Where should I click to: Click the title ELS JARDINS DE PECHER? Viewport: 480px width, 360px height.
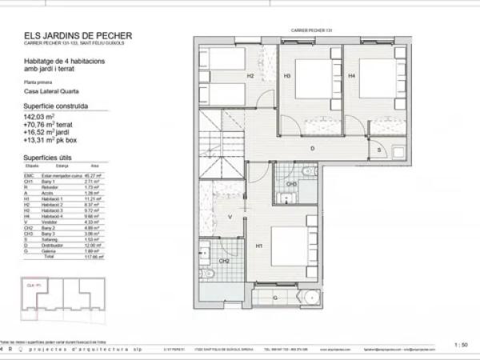[x=78, y=36]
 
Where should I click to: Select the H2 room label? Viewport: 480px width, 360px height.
[x=250, y=76]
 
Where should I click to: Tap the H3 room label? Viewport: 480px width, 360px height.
[x=286, y=76]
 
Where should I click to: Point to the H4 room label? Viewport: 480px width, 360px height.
[x=352, y=76]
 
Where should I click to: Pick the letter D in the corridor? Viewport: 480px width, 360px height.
[x=312, y=149]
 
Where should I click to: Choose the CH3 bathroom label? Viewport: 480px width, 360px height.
[x=292, y=184]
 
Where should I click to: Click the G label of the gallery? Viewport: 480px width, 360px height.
[x=276, y=298]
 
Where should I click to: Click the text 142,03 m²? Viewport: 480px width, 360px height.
[x=39, y=117]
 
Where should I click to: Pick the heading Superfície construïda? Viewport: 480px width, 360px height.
[x=56, y=106]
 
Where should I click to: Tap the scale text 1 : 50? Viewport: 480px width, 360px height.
[x=461, y=345]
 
